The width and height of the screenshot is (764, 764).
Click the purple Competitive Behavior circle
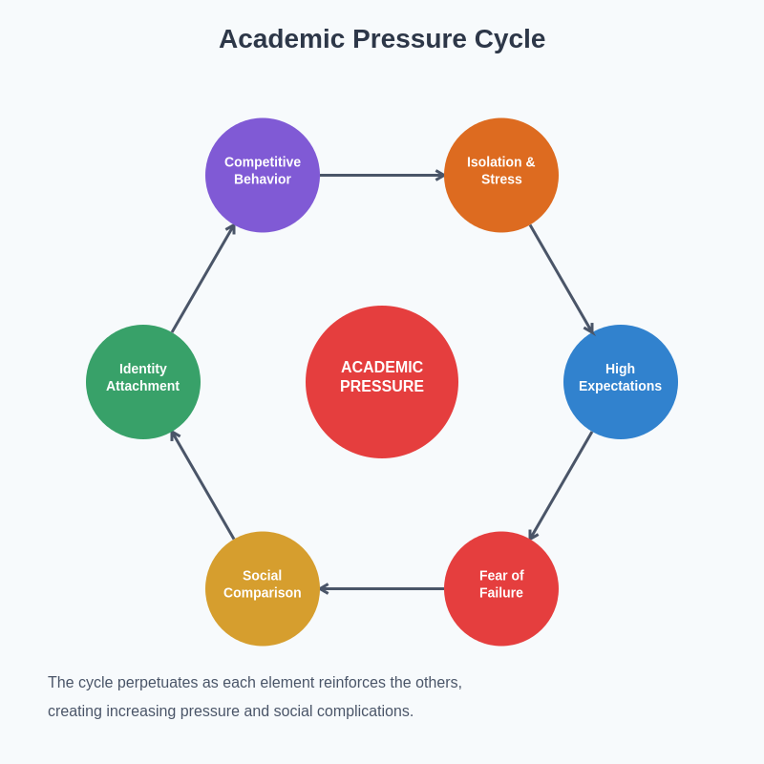[263, 175]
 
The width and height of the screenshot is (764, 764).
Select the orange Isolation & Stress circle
[501, 175]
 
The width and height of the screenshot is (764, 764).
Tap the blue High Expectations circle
[621, 382]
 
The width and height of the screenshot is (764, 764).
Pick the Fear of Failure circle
[501, 588]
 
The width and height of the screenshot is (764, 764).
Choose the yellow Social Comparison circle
[263, 588]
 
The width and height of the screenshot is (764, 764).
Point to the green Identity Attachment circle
[143, 382]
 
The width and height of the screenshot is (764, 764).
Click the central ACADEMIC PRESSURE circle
[382, 382]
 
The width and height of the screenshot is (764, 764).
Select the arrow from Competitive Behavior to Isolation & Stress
[382, 175]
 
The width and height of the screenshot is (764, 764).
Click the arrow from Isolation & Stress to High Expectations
[562, 279]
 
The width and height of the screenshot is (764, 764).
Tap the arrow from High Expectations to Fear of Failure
[562, 485]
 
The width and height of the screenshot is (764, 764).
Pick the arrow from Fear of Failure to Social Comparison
[382, 588]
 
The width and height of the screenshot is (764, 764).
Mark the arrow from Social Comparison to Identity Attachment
[203, 485]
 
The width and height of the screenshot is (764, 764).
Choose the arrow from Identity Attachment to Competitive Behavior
[203, 279]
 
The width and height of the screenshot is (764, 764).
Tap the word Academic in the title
[282, 39]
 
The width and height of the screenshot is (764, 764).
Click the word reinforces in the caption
[348, 683]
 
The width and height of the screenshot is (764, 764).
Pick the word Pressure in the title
[410, 39]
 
